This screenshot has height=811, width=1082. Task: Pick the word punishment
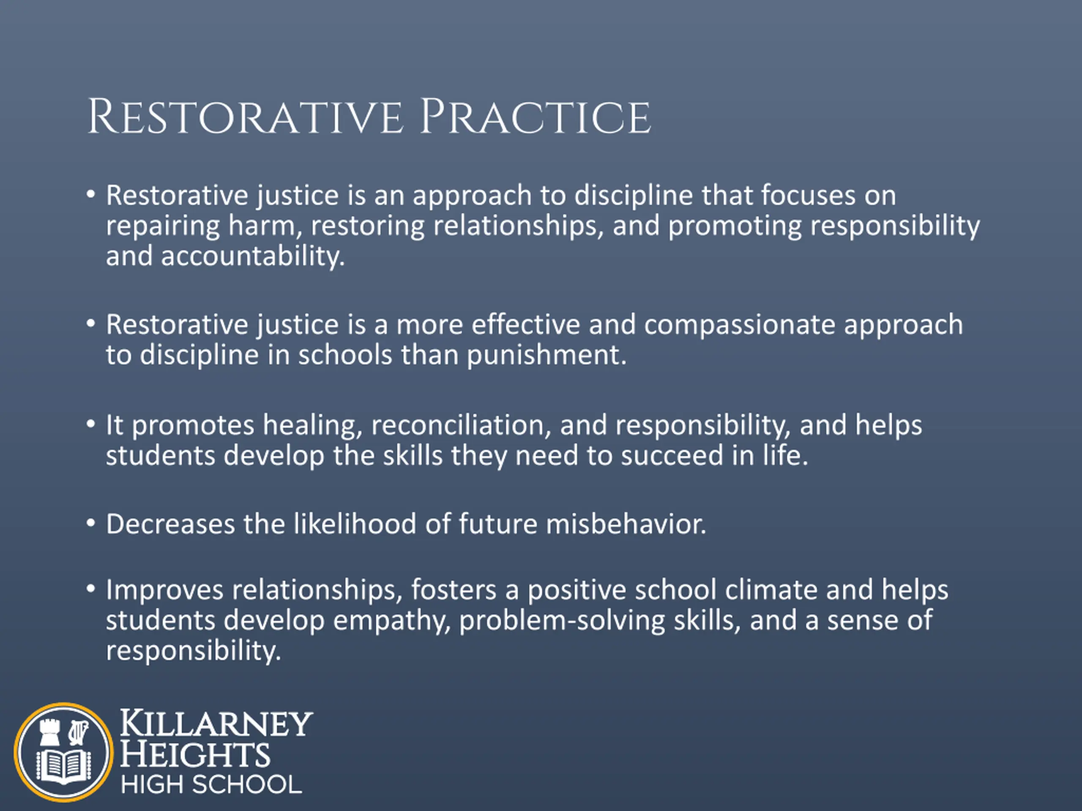click(x=546, y=355)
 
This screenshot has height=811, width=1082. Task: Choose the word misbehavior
click(x=626, y=524)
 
